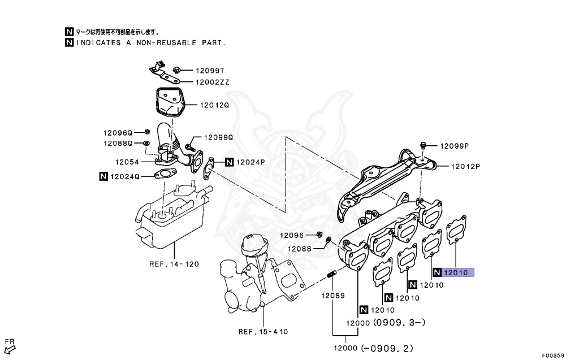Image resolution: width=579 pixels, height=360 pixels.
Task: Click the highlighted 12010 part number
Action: [455, 272]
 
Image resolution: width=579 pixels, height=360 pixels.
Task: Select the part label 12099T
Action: [210, 71]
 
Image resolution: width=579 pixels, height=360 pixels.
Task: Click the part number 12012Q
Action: [213, 105]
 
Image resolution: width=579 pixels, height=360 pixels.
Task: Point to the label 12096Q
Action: [117, 133]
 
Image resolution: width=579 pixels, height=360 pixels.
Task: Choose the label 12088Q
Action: [117, 144]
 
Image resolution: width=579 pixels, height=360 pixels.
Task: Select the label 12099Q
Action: [218, 137]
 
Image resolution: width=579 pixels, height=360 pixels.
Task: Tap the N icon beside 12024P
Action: [229, 162]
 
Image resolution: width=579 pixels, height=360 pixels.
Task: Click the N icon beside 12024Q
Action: [103, 176]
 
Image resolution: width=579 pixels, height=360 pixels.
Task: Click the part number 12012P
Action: [465, 167]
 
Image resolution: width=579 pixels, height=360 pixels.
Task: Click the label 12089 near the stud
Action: [333, 296]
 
